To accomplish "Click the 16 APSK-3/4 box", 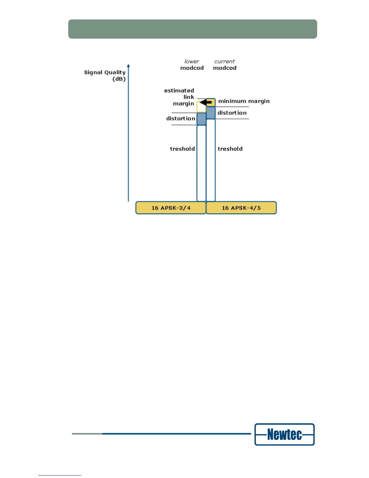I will point(171,208).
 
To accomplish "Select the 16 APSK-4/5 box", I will point(241,208).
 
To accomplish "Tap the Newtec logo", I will point(284,435).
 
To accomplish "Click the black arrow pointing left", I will point(205,103).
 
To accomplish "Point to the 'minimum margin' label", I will point(244,101).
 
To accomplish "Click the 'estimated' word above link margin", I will point(179,91).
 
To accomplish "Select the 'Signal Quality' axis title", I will point(105,72).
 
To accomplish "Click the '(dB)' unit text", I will point(119,79).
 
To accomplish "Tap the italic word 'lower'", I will point(192,62).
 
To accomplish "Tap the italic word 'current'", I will point(225,62).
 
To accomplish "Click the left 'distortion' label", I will point(181,119).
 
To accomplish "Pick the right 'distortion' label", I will point(232,113).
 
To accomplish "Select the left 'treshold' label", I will point(182,149).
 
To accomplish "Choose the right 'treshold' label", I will point(230,149).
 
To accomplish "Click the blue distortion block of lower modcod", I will point(201,119).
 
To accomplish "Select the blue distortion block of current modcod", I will point(211,113).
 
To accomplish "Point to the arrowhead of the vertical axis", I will point(128,66).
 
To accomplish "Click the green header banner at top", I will point(193,29).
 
